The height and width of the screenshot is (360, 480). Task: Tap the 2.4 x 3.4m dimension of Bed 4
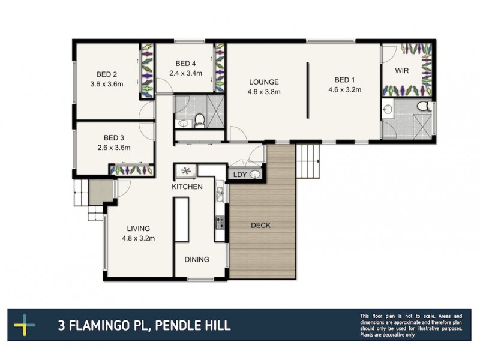(x=185, y=74)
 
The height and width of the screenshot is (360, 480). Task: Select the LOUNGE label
(x=264, y=82)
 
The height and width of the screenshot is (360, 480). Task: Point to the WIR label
(x=402, y=71)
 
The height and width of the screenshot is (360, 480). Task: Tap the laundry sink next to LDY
(x=256, y=175)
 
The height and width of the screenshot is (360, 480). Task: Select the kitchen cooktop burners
(x=220, y=223)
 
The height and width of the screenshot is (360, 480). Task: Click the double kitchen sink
(x=220, y=194)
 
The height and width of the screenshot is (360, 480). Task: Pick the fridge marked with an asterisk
(x=185, y=172)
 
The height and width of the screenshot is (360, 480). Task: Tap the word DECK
(x=260, y=226)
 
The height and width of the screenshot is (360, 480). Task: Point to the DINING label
(x=197, y=260)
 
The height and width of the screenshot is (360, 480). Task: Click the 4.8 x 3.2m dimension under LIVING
(x=138, y=238)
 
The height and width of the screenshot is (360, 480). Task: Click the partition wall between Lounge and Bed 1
(x=307, y=90)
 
